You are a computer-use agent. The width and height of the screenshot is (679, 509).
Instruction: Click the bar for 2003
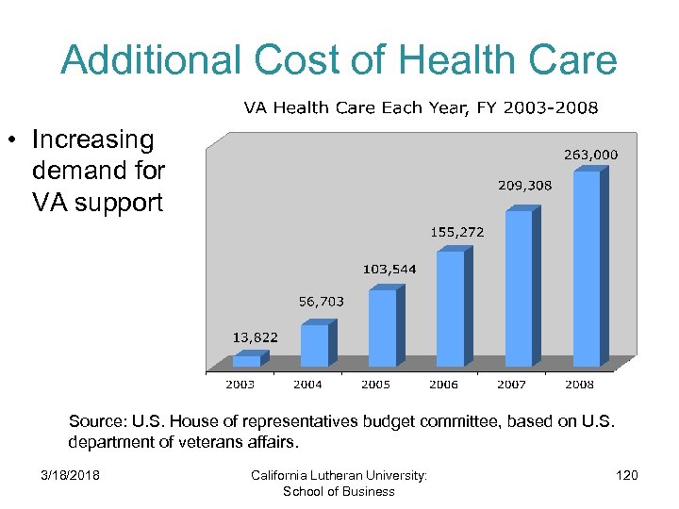[x=246, y=360]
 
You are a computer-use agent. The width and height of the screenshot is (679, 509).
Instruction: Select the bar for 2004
[x=314, y=345]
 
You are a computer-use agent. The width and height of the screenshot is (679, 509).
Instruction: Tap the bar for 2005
[x=382, y=328]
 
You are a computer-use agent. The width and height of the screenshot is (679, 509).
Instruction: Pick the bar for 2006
[x=450, y=308]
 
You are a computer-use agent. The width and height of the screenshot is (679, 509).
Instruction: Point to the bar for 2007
[x=518, y=287]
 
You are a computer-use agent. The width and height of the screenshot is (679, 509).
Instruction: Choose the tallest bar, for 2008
[x=586, y=269]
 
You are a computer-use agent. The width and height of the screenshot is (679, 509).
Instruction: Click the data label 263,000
[x=590, y=154]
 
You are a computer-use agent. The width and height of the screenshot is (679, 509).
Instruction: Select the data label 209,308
[x=525, y=186]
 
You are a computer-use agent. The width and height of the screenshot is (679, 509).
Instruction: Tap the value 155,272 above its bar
[x=457, y=230]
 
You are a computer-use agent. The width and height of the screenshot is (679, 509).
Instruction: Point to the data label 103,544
[x=389, y=270]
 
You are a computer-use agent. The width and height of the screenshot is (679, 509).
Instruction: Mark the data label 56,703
[x=322, y=302]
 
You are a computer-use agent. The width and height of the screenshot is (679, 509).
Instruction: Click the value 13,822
[x=256, y=337]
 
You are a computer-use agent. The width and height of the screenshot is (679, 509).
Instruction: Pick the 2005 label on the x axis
[x=375, y=385]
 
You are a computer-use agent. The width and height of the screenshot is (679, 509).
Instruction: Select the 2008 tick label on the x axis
[x=579, y=385]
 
